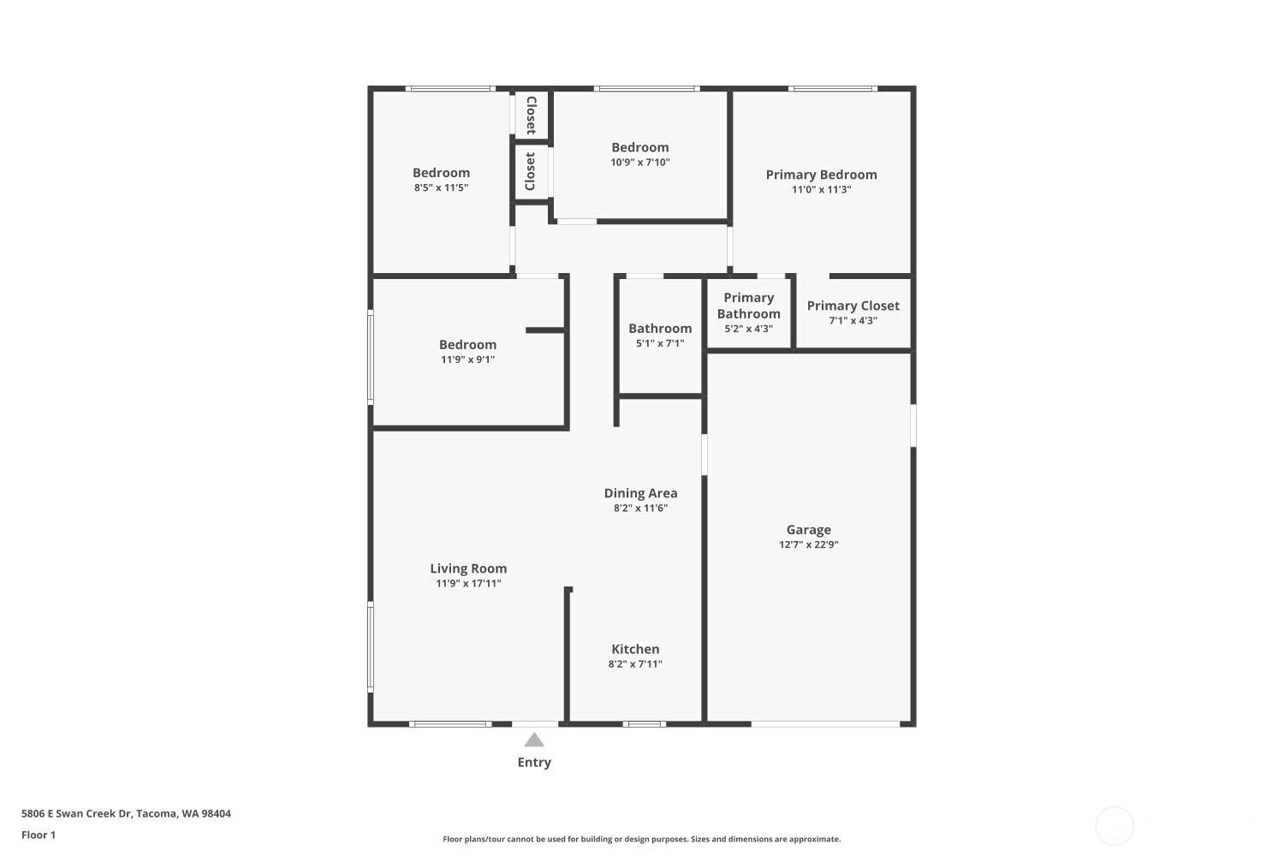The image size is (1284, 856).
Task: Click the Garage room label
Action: pyautogui.click(x=808, y=530)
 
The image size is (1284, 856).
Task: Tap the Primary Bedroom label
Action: pyautogui.click(x=821, y=175)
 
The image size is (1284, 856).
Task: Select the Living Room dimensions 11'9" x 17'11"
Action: pyautogui.click(x=468, y=583)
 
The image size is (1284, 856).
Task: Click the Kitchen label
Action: pyautogui.click(x=635, y=649)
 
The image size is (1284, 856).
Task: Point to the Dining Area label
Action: pyautogui.click(x=640, y=493)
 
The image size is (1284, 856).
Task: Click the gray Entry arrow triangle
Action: pyautogui.click(x=534, y=740)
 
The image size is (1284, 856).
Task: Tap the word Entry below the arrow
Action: pyautogui.click(x=534, y=762)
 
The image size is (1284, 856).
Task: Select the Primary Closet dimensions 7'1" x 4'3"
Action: pyautogui.click(x=853, y=320)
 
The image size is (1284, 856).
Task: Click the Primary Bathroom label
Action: pyautogui.click(x=749, y=306)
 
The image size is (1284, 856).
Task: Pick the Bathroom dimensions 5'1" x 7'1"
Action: pyautogui.click(x=660, y=343)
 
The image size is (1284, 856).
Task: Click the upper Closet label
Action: pyautogui.click(x=532, y=116)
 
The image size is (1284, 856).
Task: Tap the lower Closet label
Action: pyautogui.click(x=530, y=171)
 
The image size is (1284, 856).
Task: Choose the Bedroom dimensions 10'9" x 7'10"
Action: pyautogui.click(x=639, y=163)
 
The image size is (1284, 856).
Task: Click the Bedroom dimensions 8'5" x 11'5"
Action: pyautogui.click(x=441, y=187)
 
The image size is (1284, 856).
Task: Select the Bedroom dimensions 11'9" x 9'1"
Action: pyautogui.click(x=467, y=360)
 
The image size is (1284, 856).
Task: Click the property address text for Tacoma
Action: pyautogui.click(x=126, y=813)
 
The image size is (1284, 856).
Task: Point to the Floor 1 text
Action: pyautogui.click(x=39, y=835)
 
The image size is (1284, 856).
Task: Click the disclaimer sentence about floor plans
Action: pyautogui.click(x=641, y=839)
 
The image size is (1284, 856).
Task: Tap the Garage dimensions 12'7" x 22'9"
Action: pyautogui.click(x=808, y=544)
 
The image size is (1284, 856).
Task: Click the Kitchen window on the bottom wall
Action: pyautogui.click(x=645, y=724)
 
